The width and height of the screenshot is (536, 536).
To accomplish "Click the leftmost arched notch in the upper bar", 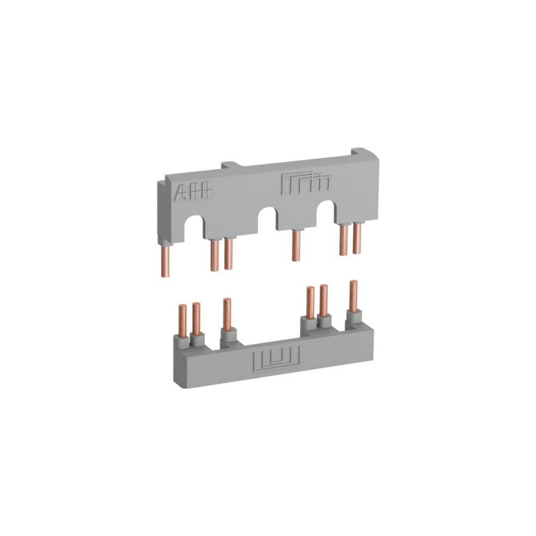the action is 194,227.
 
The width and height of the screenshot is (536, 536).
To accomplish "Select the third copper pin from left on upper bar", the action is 229,254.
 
